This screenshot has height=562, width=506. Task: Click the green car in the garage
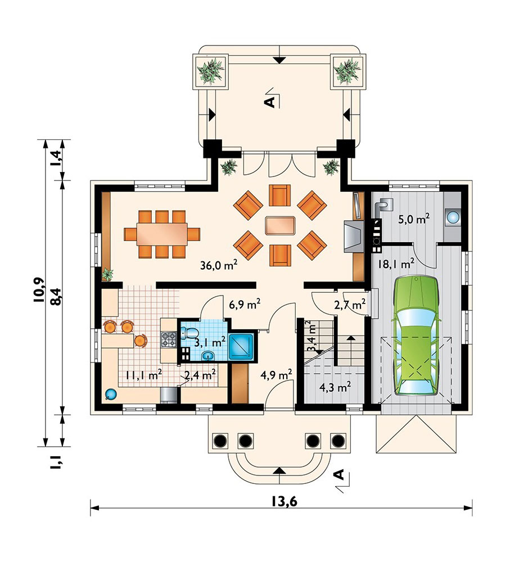pos(417,336)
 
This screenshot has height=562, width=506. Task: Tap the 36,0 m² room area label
pos(219,265)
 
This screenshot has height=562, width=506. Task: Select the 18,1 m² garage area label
pos(396,264)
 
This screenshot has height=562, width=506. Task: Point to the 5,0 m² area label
pos(414,219)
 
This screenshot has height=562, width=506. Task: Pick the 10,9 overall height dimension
pos(39,290)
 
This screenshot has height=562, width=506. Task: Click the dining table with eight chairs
pos(162,234)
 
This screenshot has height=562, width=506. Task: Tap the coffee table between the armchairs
pos(280,225)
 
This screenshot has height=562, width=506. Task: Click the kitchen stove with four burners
pos(169,339)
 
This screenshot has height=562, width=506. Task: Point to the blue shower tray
pos(241,347)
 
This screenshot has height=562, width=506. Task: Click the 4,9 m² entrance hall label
pos(276,375)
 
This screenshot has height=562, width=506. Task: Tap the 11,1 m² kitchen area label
pos(143,375)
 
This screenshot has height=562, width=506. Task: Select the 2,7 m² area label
pos(350,305)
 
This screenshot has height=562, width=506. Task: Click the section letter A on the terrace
pos(270,102)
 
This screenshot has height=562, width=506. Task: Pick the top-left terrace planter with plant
pos(210,71)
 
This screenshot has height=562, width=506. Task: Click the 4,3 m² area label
pos(335,387)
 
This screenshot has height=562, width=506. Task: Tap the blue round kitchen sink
pos(110,395)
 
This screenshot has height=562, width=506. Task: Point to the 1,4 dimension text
pos(57,159)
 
